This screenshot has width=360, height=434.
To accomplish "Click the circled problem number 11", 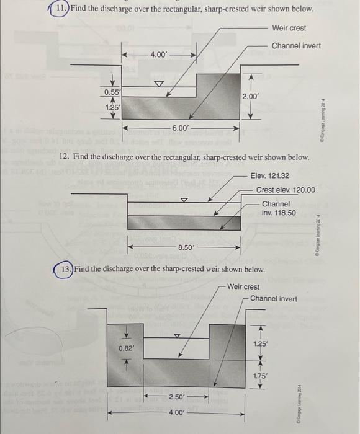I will click(x=60, y=11).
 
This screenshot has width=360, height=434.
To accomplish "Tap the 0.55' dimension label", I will click(x=112, y=92).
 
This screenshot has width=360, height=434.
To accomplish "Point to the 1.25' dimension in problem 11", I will click(x=112, y=107).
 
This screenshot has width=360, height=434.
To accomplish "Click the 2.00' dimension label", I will click(x=250, y=97).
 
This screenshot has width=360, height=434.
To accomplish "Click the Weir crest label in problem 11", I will click(x=289, y=29).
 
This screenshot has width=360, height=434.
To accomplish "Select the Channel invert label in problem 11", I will click(x=295, y=46).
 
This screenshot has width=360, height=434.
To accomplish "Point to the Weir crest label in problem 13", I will click(x=243, y=286).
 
